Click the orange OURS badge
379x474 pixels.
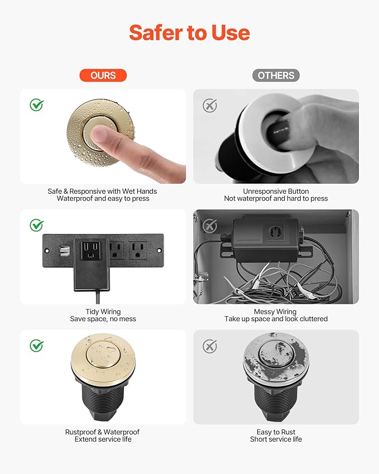point(103,75)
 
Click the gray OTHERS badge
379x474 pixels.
point(276,75)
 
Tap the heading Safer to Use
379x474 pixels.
point(189,33)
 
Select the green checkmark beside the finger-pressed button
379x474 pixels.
point(37,104)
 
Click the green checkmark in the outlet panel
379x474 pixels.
point(37,226)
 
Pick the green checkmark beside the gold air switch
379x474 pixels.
point(37,346)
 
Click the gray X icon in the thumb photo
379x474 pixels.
point(210,106)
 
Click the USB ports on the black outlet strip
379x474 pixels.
point(60,250)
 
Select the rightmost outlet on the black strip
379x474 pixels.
point(137,249)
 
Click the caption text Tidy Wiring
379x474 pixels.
point(103,312)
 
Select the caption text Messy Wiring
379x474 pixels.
point(276,312)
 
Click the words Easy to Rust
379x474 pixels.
point(276,432)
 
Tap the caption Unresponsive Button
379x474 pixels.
point(276,191)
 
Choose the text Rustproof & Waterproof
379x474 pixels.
point(103,432)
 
